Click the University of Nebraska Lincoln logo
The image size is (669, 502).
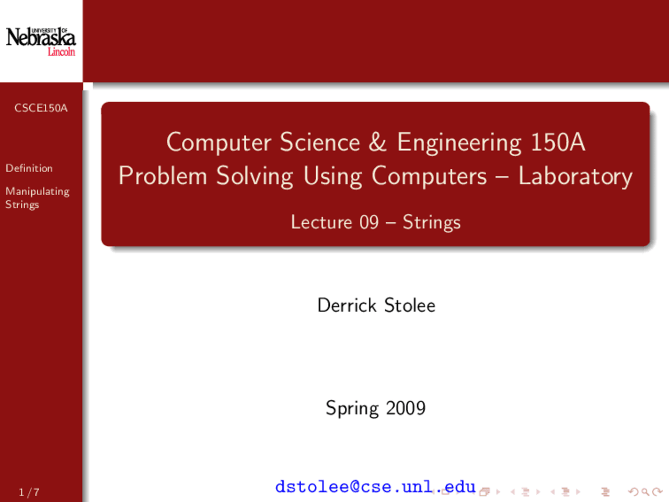point(41,41)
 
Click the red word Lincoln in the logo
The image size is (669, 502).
point(61,52)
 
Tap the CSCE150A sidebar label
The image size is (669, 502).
point(41,108)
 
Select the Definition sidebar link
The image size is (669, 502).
point(29,168)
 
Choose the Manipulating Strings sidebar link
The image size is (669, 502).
point(37,198)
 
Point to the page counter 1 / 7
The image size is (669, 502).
point(29,492)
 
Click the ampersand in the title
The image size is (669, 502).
point(377,142)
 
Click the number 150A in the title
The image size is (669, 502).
point(558,142)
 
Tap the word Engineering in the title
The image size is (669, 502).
point(459,144)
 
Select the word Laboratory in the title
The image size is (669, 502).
point(575,177)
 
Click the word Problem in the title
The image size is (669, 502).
point(163,176)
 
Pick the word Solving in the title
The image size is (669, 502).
point(255,177)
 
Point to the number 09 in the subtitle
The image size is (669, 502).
point(369,222)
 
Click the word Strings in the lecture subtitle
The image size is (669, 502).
point(432,223)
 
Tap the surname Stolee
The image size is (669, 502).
point(410,305)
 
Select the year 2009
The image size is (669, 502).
point(406,408)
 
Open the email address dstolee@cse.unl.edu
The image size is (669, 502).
point(375,486)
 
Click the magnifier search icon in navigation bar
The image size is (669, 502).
point(645,492)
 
